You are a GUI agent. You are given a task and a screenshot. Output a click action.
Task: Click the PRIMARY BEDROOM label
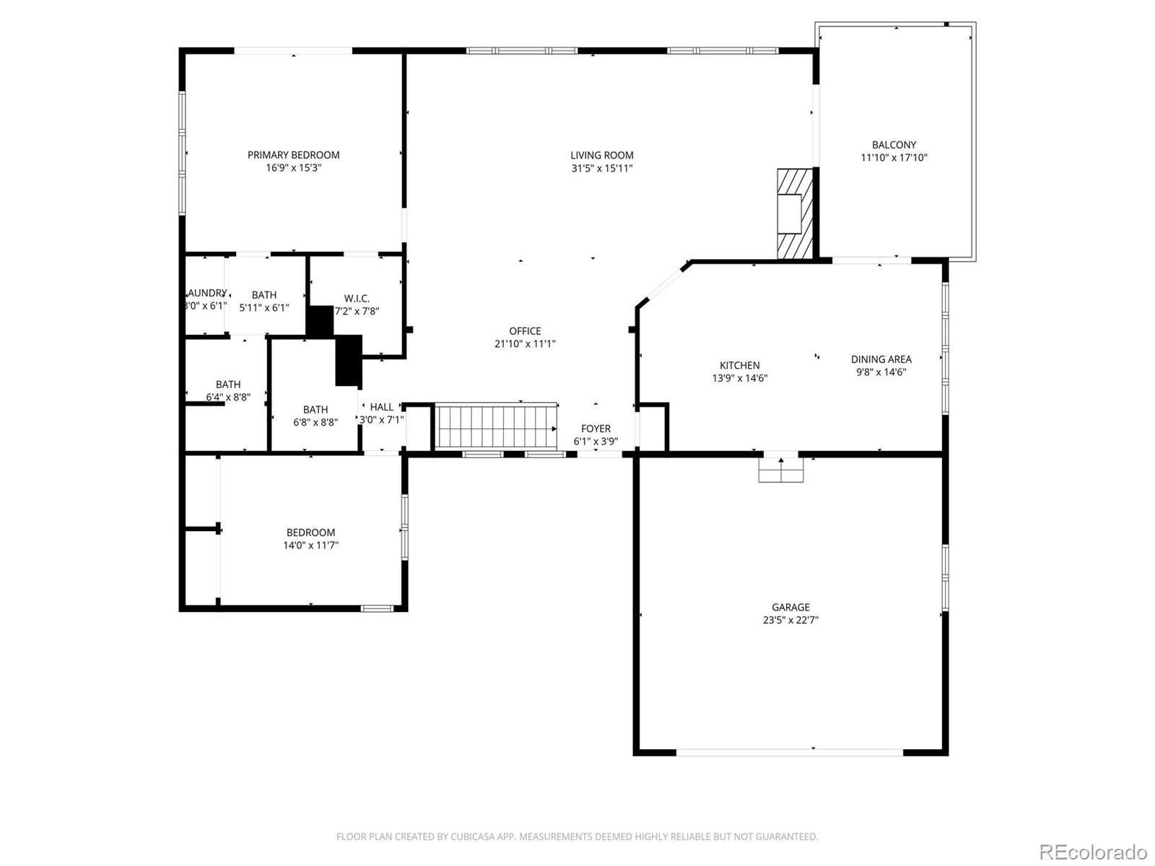tap(293, 155)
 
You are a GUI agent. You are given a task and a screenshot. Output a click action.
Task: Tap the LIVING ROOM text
tap(601, 155)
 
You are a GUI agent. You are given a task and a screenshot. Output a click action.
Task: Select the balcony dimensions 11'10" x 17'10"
tap(894, 157)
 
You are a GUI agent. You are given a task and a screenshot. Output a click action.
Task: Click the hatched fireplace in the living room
tap(794, 214)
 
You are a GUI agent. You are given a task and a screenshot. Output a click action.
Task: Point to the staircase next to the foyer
tap(497, 427)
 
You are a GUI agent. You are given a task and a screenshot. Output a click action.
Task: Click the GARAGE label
tap(790, 607)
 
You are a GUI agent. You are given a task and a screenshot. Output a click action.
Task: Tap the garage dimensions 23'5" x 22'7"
tap(790, 620)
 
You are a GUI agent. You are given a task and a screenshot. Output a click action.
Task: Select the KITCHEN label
tap(739, 365)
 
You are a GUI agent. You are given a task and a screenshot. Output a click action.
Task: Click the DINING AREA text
tap(881, 359)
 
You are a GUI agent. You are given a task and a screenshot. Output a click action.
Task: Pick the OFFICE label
tap(525, 331)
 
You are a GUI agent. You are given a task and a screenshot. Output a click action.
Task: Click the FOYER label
tap(596, 429)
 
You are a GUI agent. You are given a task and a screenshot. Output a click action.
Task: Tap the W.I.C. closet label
tap(357, 298)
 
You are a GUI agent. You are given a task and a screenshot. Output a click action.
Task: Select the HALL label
tap(382, 407)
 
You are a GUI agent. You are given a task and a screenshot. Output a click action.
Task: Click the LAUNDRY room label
tap(206, 293)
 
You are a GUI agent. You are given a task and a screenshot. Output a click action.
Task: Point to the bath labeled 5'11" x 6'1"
tap(264, 301)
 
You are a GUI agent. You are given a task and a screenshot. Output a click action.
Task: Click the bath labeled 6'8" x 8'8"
tap(315, 416)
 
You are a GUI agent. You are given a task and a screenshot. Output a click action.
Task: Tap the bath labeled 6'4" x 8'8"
tap(228, 390)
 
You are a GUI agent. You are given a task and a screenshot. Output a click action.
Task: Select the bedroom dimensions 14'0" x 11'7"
tap(310, 546)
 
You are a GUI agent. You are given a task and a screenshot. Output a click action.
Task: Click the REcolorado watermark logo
tap(1093, 852)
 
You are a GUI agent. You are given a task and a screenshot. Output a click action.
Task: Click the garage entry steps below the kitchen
tap(780, 470)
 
